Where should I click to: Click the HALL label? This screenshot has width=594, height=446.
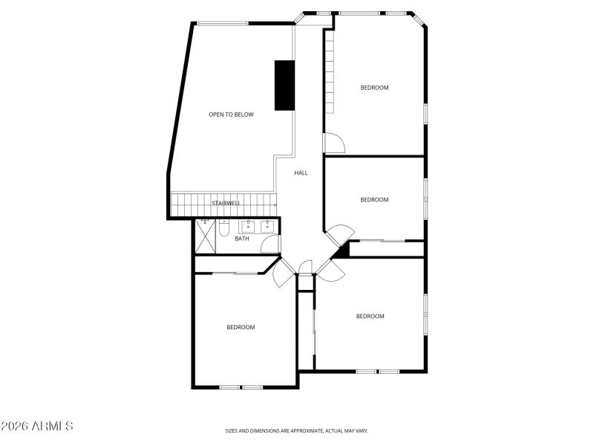pyautogui.click(x=301, y=173)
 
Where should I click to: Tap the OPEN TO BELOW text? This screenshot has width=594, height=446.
pyautogui.click(x=231, y=114)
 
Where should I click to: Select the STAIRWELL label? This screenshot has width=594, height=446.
pyautogui.click(x=226, y=204)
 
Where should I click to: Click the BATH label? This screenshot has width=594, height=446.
pyautogui.click(x=242, y=239)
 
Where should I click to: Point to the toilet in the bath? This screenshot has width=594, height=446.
pyautogui.click(x=224, y=230)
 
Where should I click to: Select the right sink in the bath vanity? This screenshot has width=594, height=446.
pyautogui.click(x=267, y=227)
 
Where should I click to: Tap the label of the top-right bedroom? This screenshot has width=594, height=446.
pyautogui.click(x=374, y=88)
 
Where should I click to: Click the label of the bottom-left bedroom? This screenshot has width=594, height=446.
pyautogui.click(x=241, y=328)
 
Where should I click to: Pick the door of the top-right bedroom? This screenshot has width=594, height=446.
pyautogui.click(x=333, y=142)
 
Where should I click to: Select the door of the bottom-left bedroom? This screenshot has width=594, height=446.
pyautogui.click(x=282, y=274)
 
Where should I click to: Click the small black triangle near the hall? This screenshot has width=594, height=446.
pyautogui.click(x=342, y=251)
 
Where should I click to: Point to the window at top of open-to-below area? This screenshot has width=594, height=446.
pyautogui.click(x=223, y=23)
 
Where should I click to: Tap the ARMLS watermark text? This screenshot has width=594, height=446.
pyautogui.click(x=37, y=427)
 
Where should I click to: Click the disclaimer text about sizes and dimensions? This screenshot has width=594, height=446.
pyautogui.click(x=297, y=430)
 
